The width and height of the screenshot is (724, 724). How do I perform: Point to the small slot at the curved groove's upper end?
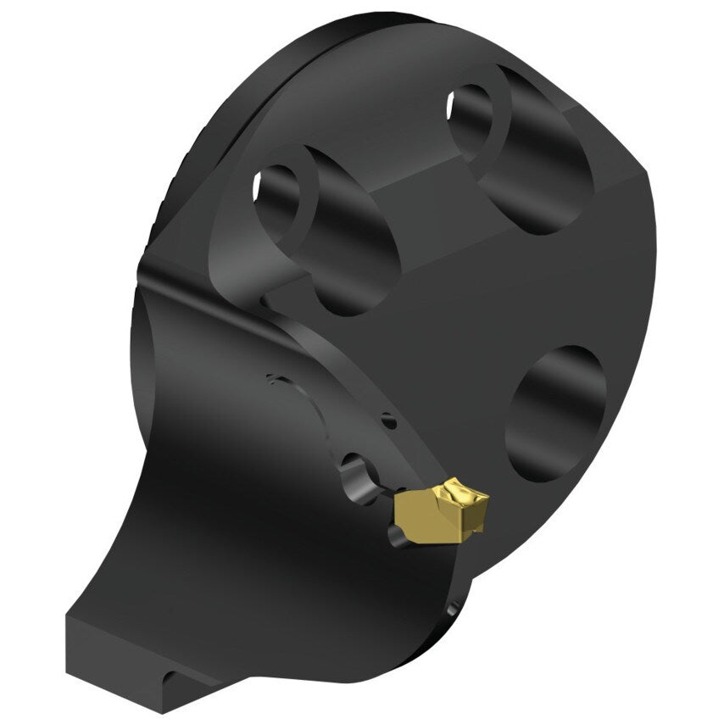[271, 377]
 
